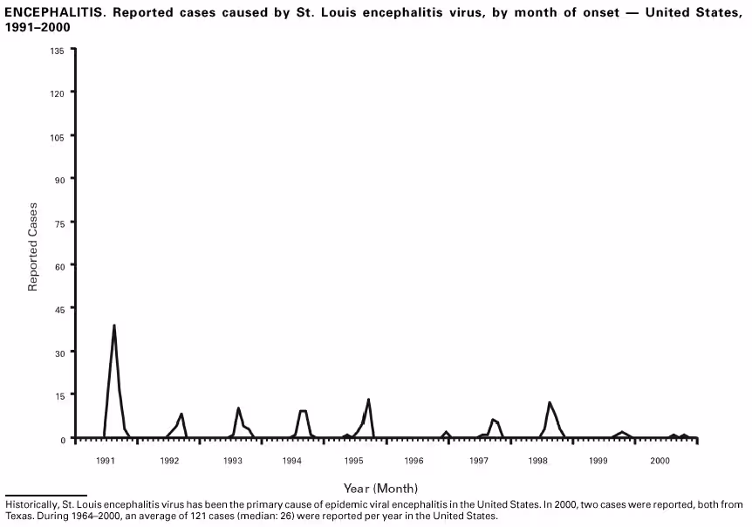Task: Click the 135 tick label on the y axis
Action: tap(58, 50)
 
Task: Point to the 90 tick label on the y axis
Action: tap(59, 179)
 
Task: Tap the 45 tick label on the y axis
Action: tap(59, 308)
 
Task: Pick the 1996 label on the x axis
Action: tap(414, 460)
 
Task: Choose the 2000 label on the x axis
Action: tap(660, 460)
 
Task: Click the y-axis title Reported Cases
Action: tap(33, 247)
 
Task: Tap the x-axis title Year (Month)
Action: tap(380, 488)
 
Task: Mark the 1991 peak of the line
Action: tap(114, 325)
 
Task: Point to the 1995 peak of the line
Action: tap(368, 400)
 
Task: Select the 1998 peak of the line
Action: tap(549, 402)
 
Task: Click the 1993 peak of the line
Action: tap(238, 407)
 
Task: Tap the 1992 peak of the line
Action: tap(181, 414)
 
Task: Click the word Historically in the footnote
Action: tap(31, 504)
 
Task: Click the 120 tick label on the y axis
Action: tap(58, 92)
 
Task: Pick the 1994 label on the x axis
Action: tap(291, 460)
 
